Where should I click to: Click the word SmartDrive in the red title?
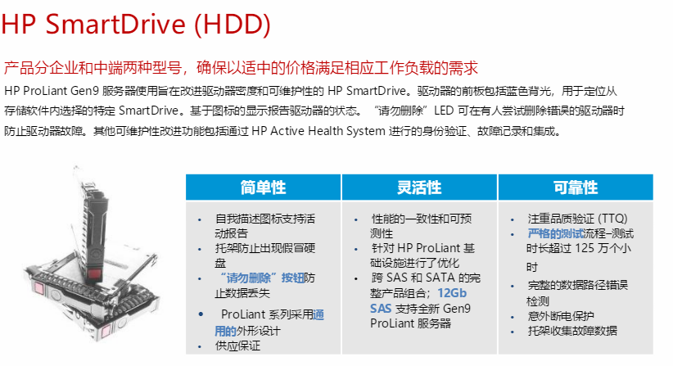pyautogui.click(x=115, y=24)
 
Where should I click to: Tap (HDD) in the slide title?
pyautogui.click(x=233, y=25)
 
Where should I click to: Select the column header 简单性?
pyautogui.click(x=263, y=188)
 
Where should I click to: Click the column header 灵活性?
pyautogui.click(x=419, y=188)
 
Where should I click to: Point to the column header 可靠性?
pyautogui.click(x=576, y=188)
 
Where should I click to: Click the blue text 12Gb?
pyautogui.click(x=452, y=293)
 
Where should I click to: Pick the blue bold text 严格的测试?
pyautogui.click(x=556, y=234)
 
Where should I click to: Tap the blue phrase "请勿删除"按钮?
pyautogui.click(x=262, y=278)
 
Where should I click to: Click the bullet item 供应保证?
pyautogui.click(x=237, y=346)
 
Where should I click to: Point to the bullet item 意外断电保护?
pyautogui.click(x=561, y=316)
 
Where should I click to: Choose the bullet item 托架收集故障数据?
pyautogui.click(x=572, y=331)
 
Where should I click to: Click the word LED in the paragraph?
pyautogui.click(x=444, y=111)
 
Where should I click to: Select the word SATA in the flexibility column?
pyautogui.click(x=440, y=278)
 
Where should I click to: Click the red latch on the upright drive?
pyautogui.click(x=94, y=274)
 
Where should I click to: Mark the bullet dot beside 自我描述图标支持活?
pyautogui.click(x=200, y=220)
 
